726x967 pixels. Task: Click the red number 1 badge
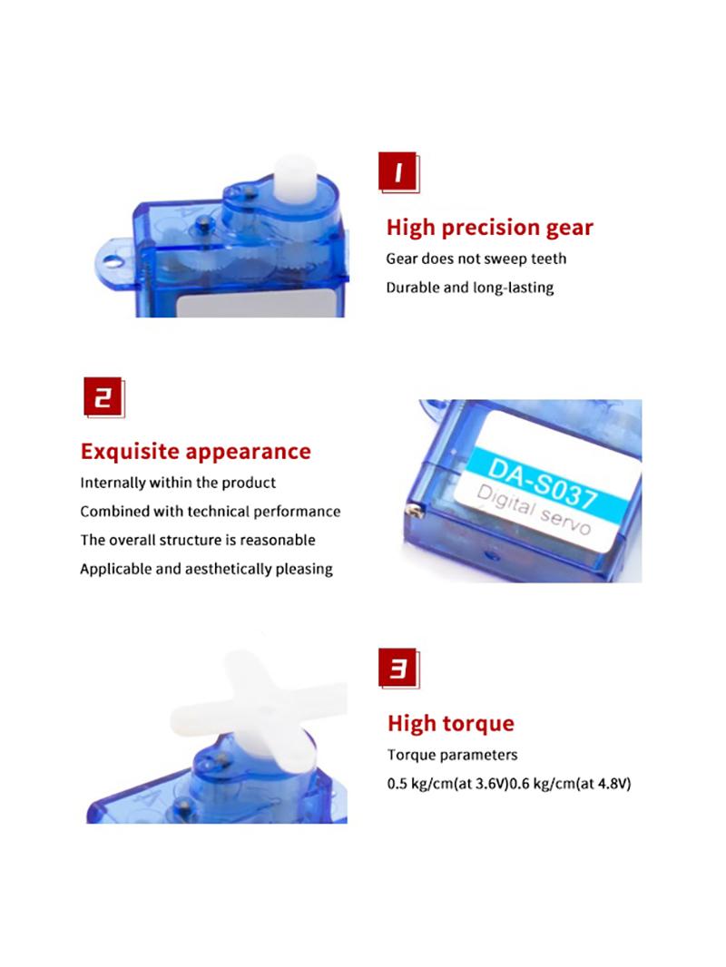tap(398, 172)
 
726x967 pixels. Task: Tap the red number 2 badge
tap(103, 397)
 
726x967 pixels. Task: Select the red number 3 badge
tap(398, 668)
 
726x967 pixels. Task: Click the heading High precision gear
tap(490, 228)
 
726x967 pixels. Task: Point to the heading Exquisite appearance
tap(195, 452)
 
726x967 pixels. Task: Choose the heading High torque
tap(451, 723)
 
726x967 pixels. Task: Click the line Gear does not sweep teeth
tap(476, 259)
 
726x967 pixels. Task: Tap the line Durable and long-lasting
tap(470, 288)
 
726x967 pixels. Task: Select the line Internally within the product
tap(178, 483)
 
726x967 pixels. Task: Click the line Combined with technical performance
tap(211, 512)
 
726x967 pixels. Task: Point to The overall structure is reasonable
tap(198, 540)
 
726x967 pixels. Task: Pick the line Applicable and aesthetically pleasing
tap(206, 569)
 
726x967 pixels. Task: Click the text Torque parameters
tap(452, 755)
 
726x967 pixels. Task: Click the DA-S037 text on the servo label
tap(542, 483)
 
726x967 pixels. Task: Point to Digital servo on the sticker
tap(534, 510)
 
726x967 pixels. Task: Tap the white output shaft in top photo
tap(296, 180)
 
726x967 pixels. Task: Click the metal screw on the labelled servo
tap(413, 510)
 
